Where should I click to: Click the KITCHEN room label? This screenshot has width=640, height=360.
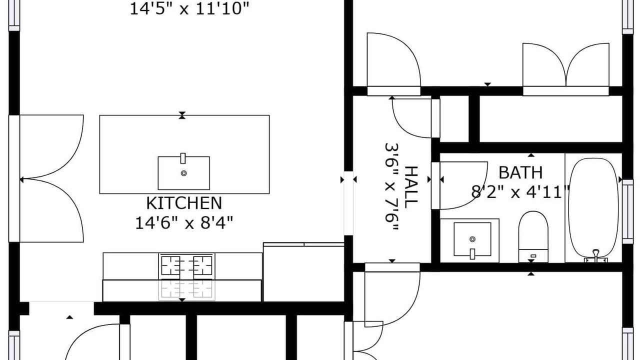[184, 203]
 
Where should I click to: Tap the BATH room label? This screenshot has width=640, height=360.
[520, 172]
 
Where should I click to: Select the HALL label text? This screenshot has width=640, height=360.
[411, 187]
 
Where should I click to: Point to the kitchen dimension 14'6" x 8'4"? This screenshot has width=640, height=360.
[184, 223]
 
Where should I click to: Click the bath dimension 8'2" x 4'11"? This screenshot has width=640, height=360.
[520, 192]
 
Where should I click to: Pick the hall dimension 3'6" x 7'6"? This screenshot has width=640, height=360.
[391, 187]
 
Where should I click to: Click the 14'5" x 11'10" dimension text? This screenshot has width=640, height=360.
[189, 8]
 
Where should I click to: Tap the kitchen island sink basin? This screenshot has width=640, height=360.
[183, 173]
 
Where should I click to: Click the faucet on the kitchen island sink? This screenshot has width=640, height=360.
[183, 158]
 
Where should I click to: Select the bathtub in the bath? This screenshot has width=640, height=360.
[593, 208]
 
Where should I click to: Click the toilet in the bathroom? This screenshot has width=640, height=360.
[533, 236]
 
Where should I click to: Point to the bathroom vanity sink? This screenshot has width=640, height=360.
[472, 239]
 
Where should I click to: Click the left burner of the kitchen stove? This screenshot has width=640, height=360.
[170, 265]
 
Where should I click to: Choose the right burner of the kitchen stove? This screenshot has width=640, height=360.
[202, 265]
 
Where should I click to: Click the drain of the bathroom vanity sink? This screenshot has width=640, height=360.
[472, 239]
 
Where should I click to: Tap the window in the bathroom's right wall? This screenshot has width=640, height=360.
[627, 211]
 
